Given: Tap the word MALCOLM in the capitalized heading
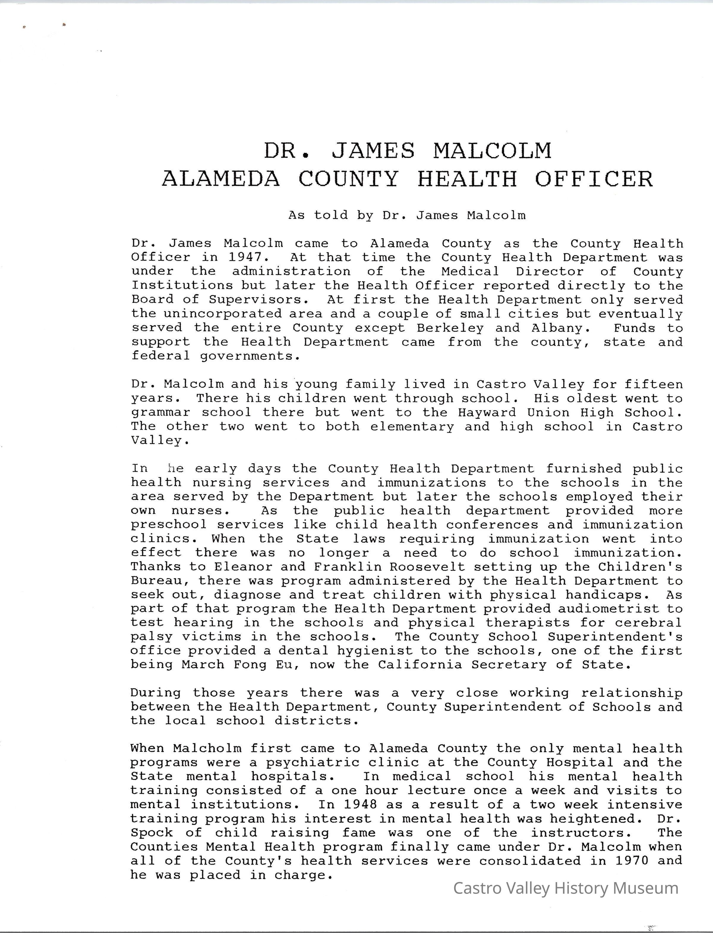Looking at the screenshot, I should click(x=492, y=151).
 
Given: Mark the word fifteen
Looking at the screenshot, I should click(x=654, y=384).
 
